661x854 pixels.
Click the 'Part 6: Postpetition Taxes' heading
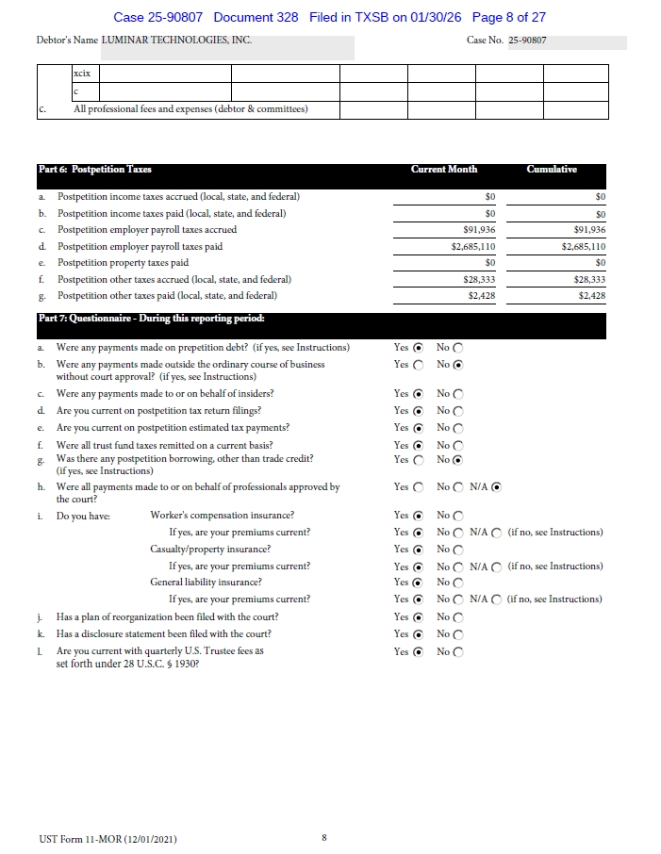(94, 170)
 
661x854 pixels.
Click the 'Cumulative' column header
(552, 170)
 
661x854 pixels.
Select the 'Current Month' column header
(444, 170)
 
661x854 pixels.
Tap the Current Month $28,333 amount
(480, 279)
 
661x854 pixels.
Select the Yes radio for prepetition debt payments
(418, 348)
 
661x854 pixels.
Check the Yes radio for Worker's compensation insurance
(418, 516)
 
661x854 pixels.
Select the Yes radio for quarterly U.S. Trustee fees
(418, 651)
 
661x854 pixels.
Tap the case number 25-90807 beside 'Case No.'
(527, 41)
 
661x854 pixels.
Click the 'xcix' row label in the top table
(81, 73)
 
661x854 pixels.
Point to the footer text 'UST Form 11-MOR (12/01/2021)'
(107, 839)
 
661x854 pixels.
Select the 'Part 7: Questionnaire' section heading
(151, 318)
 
